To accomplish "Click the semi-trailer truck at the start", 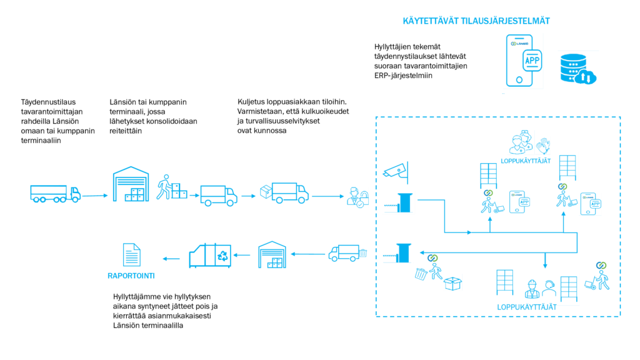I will (55, 194).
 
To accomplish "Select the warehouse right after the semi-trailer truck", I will (131, 184).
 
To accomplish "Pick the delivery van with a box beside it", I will (285, 192).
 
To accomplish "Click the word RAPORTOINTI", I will (131, 276).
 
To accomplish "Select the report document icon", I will (131, 255).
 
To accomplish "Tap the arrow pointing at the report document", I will (170, 258).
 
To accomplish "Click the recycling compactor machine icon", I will (210, 256).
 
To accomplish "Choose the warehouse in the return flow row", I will (272, 255).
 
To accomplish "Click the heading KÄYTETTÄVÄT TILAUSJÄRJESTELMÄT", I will (476, 21).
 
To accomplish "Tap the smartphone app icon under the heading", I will (524, 61).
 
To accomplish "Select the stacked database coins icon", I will (577, 69).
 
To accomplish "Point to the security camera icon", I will (396, 170).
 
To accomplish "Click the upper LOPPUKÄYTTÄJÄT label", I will (526, 161).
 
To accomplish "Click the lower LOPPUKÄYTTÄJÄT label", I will (527, 307).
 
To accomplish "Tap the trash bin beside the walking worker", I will (421, 274).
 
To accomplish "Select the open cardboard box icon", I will (452, 283).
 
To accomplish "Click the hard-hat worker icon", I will (532, 289).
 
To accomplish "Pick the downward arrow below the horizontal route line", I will (545, 261).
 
